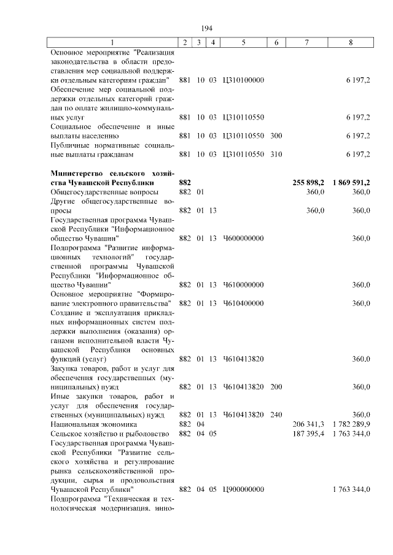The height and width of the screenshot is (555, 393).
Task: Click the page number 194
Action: tap(206, 28)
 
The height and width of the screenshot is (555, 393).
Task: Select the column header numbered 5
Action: tap(243, 42)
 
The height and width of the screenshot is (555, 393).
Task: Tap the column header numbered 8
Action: tap(351, 42)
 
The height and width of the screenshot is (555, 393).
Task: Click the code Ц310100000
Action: tap(243, 80)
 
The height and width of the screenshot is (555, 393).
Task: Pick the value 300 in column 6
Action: tap(276, 136)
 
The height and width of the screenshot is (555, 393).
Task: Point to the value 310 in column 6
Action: tap(276, 155)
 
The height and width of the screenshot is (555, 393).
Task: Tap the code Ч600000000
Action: tap(243, 238)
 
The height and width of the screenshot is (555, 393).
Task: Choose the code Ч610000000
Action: tap(243, 285)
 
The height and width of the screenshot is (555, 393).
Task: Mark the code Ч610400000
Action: tap(243, 303)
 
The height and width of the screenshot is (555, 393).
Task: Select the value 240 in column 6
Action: tap(276, 414)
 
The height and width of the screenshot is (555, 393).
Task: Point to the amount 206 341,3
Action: tap(310, 424)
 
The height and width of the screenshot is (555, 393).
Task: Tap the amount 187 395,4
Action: tap(310, 433)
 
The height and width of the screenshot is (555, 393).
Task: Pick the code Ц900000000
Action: tap(243, 489)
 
